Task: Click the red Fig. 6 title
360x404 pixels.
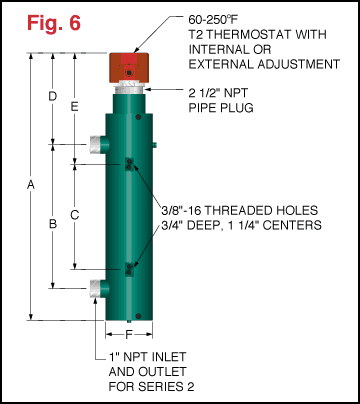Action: tap(54, 23)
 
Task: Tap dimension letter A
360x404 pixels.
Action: tap(31, 184)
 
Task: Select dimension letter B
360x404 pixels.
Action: tap(53, 224)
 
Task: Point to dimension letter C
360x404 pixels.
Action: tap(75, 215)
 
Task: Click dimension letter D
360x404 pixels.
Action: tap(53, 96)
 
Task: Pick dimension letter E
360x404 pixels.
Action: tap(75, 106)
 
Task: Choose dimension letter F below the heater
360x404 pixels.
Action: tap(129, 334)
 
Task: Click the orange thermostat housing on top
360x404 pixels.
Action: tap(129, 68)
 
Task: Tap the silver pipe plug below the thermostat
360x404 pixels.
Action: tap(129, 88)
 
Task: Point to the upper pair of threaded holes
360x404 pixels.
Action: tap(129, 164)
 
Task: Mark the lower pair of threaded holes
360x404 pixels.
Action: tap(129, 269)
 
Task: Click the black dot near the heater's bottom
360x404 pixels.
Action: tap(139, 316)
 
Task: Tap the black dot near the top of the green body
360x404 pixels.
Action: tap(139, 117)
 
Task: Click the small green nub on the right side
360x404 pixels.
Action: tap(155, 144)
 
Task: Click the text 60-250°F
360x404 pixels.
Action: tap(213, 20)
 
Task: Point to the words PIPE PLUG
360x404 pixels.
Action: tap(221, 108)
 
